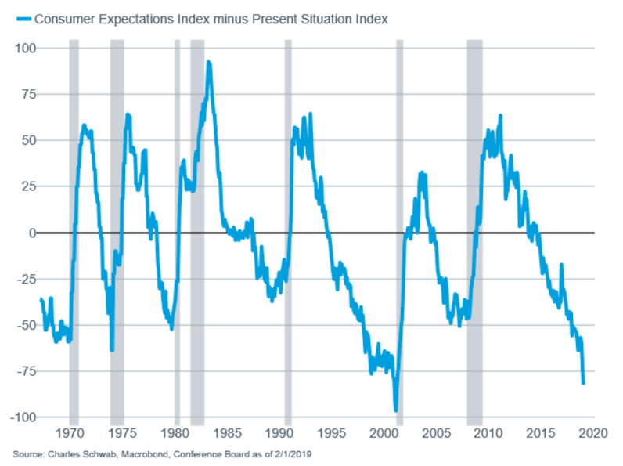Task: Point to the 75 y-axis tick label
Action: (29, 94)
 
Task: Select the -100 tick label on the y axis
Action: (23, 417)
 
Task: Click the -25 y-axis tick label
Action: (26, 279)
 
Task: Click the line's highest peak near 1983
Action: (208, 62)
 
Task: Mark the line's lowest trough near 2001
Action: (395, 410)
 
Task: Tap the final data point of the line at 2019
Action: (584, 383)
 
